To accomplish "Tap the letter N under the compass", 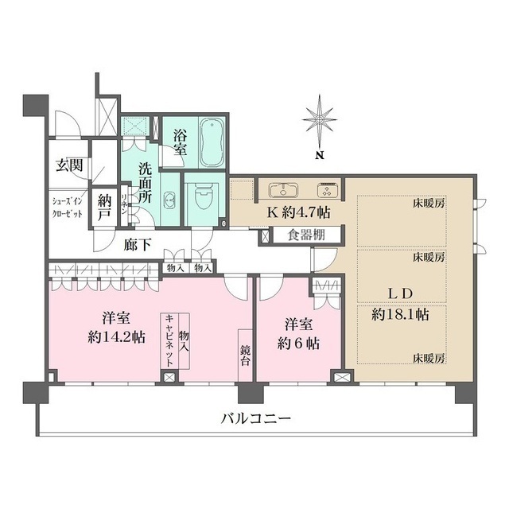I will tap(317, 154).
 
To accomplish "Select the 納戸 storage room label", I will tap(103, 206).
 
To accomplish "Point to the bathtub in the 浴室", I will tap(211, 142).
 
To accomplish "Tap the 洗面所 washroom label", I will tap(146, 181).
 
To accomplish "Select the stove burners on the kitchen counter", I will tap(327, 191).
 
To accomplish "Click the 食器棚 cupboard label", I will tap(305, 235).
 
